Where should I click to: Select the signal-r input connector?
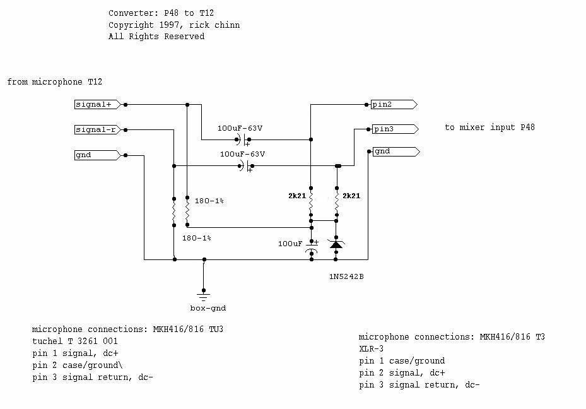coord(97,129)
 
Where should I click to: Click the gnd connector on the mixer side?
coord(394,151)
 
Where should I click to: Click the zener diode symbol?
coord(336,244)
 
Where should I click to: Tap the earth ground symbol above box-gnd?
coord(204,293)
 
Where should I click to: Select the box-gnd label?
coord(208,308)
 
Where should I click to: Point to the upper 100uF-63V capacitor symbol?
coord(243,139)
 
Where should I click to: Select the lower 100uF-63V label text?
coord(242,153)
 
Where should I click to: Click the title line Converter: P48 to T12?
coord(156,13)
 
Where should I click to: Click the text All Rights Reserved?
coord(156,37)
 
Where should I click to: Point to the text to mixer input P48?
coord(489,127)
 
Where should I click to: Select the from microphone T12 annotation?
coord(55,82)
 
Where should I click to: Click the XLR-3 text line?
coord(372,348)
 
